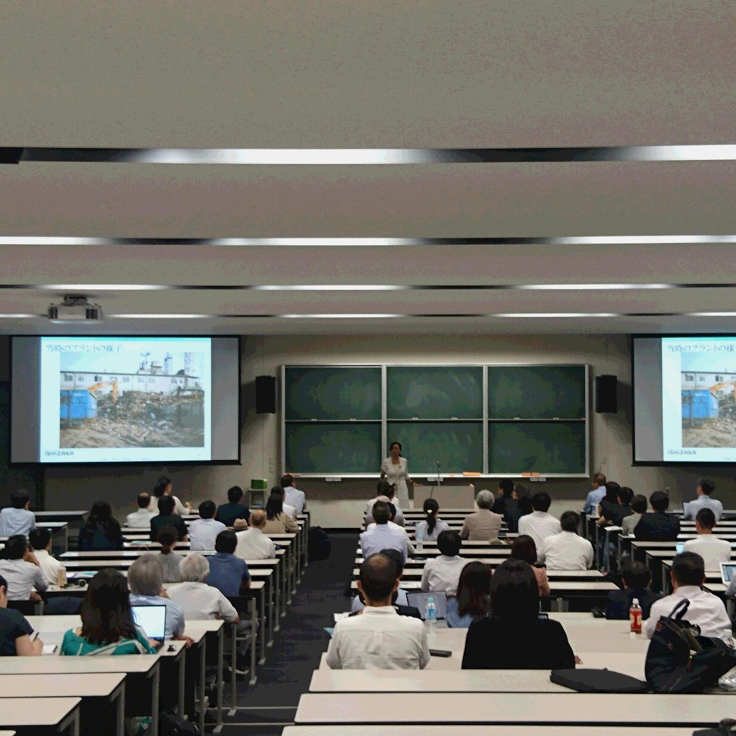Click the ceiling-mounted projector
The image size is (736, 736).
[x=75, y=310]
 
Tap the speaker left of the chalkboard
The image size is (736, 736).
[x=265, y=394]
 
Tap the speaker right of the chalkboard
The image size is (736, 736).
[x=606, y=393]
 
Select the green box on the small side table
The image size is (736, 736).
[x=259, y=483]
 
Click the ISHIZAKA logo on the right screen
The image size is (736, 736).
[x=681, y=452]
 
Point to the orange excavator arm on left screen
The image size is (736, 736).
[x=102, y=387]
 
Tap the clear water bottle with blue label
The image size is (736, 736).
[x=431, y=611]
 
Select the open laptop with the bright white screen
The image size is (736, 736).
[x=149, y=622]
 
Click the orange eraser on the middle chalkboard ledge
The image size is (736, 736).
[x=471, y=474]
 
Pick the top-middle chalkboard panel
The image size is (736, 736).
[x=434, y=392]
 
